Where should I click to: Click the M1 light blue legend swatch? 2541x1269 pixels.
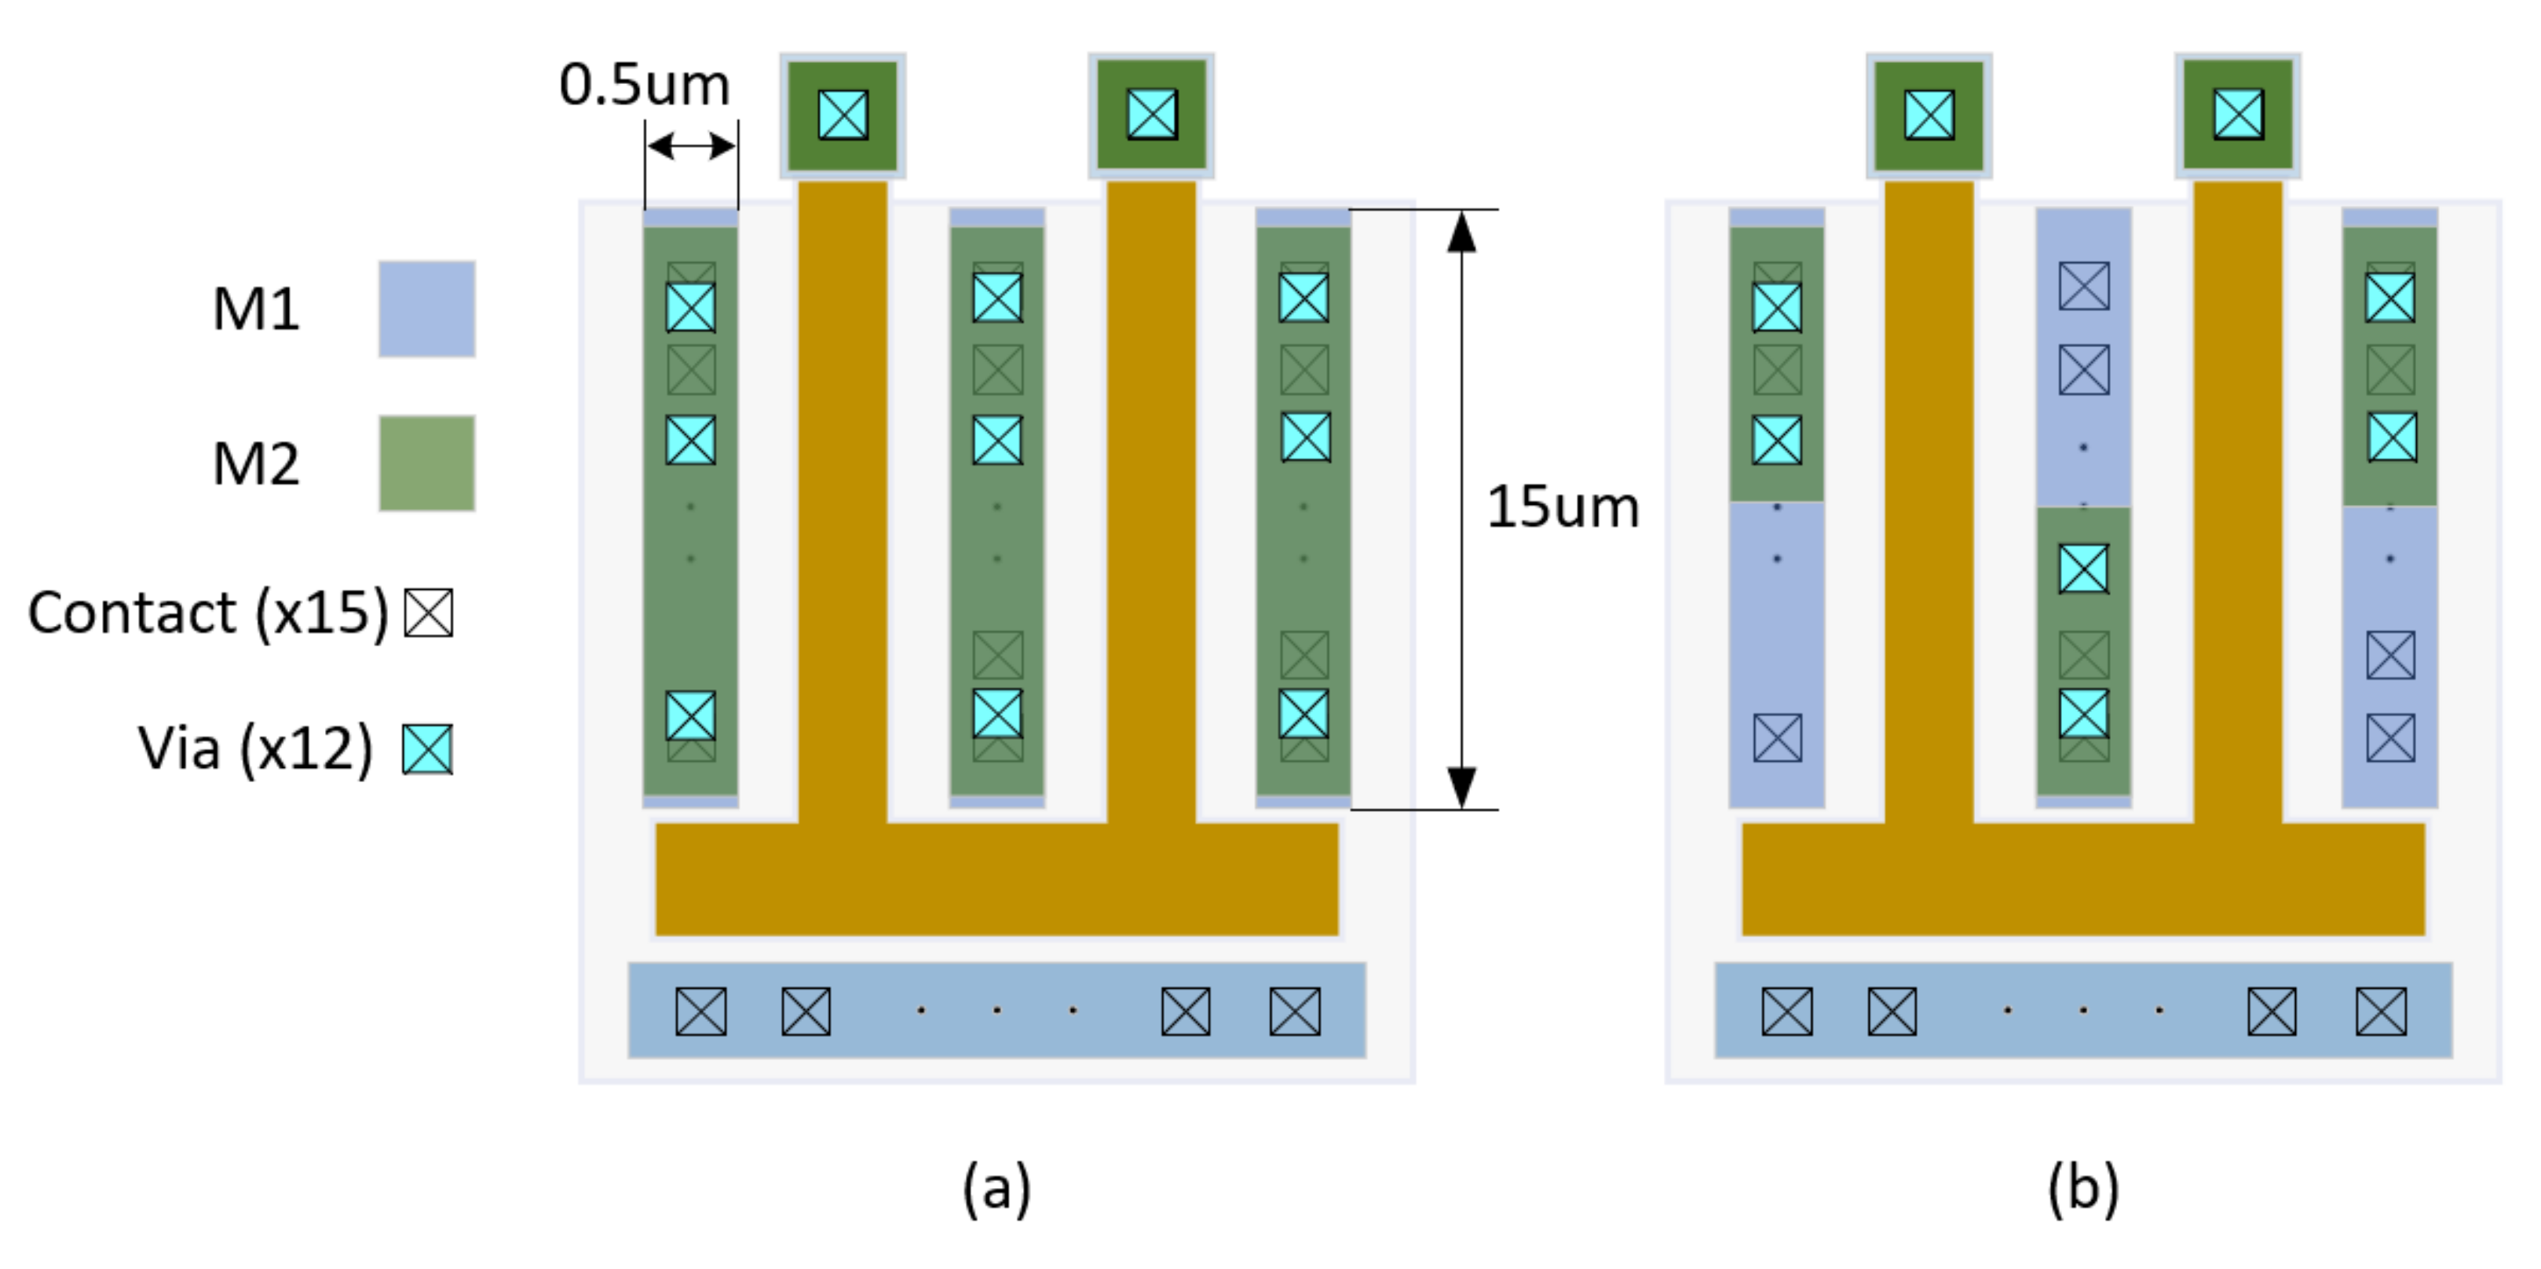[426, 309]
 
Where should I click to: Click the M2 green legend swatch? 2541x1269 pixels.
[426, 463]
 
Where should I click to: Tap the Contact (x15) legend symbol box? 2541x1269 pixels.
[429, 613]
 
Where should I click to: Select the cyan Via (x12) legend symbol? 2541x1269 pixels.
[427, 749]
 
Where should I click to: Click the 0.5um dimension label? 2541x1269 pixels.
[644, 85]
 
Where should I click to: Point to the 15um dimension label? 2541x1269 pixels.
[1563, 508]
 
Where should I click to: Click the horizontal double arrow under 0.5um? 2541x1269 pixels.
[690, 147]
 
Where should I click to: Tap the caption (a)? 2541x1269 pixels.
[996, 1187]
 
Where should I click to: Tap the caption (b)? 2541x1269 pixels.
[2082, 1187]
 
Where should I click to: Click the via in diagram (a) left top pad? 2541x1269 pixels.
[843, 115]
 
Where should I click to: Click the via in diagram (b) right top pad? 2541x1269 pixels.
[2238, 115]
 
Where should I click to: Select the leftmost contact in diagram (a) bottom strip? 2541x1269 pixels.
[700, 1011]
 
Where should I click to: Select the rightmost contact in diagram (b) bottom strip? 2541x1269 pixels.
[2380, 1011]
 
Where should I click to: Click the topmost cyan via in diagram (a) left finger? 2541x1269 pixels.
[690, 307]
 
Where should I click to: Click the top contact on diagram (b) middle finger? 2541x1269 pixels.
[2084, 286]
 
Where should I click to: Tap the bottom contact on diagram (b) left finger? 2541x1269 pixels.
[1778, 738]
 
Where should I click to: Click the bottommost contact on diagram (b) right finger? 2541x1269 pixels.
[2391, 738]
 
